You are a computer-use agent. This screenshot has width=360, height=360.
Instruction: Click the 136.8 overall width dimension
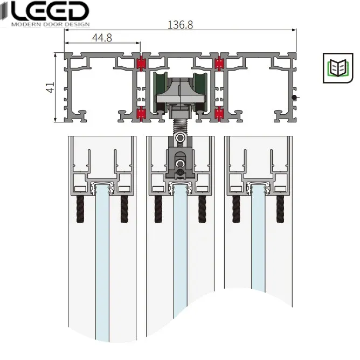click(x=180, y=25)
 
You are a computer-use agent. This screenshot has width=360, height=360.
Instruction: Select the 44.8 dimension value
click(x=102, y=38)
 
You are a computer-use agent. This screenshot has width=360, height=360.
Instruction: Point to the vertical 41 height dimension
click(x=50, y=87)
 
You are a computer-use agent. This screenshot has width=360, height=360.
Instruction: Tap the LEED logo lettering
click(x=49, y=11)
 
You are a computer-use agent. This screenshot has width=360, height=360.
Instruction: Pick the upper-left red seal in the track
click(x=141, y=64)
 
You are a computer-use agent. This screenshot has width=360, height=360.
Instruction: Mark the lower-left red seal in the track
click(x=141, y=114)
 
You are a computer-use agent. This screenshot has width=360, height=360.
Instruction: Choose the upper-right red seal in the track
click(x=219, y=64)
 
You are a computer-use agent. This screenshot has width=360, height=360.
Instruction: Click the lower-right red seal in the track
click(x=219, y=114)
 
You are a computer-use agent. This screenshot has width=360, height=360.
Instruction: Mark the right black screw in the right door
click(x=280, y=209)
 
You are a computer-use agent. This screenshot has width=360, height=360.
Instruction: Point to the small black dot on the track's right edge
click(x=294, y=98)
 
